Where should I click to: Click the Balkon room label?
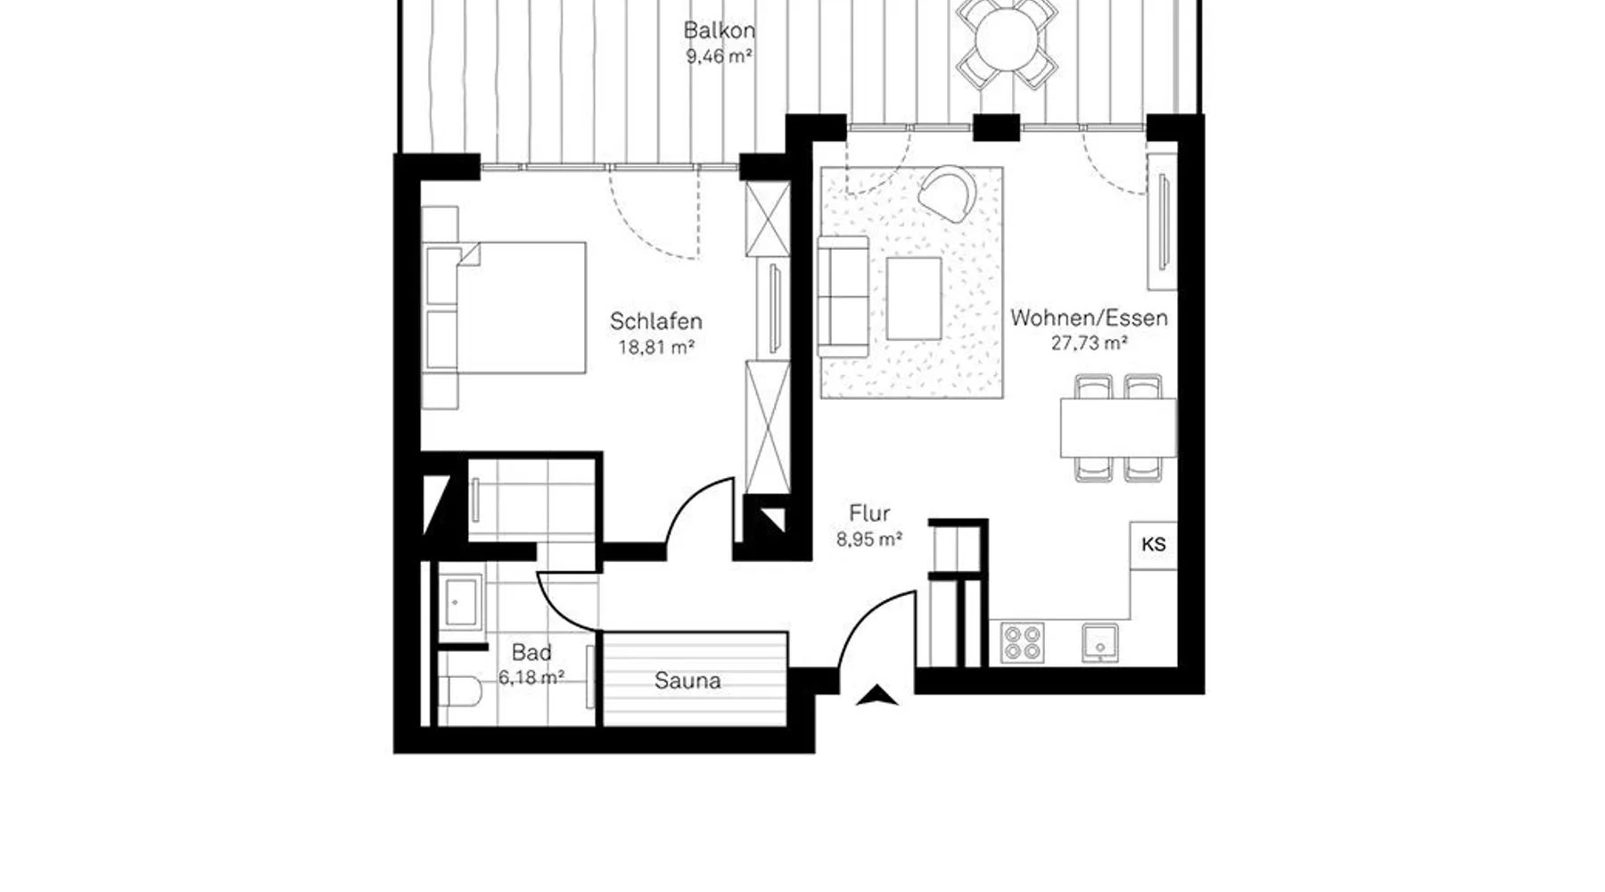point(719,30)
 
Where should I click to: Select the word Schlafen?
point(656,321)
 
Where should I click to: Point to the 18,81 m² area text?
point(656,348)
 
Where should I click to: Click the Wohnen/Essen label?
point(1089,318)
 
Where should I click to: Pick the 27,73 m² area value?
point(1089,343)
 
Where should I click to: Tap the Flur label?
point(869,514)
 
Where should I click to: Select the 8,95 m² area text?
point(869,540)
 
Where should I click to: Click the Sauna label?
point(687,681)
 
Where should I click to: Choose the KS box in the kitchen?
point(1153,545)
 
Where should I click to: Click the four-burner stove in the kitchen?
point(1022,642)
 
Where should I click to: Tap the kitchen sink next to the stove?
point(1100,642)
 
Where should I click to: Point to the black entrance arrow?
point(877,695)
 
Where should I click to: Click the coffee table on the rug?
point(914,299)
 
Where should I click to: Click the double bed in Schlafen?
point(504,308)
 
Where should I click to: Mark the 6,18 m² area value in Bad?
point(531,678)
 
